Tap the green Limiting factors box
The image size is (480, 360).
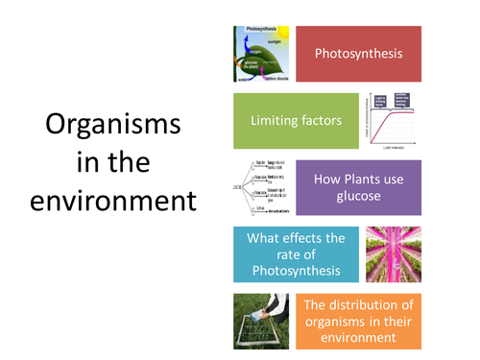click(x=296, y=120)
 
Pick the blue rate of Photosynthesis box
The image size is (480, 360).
click(x=296, y=253)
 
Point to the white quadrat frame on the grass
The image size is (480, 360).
click(x=255, y=331)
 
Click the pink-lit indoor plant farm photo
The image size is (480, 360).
click(x=393, y=253)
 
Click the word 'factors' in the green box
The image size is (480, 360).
click(x=323, y=120)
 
